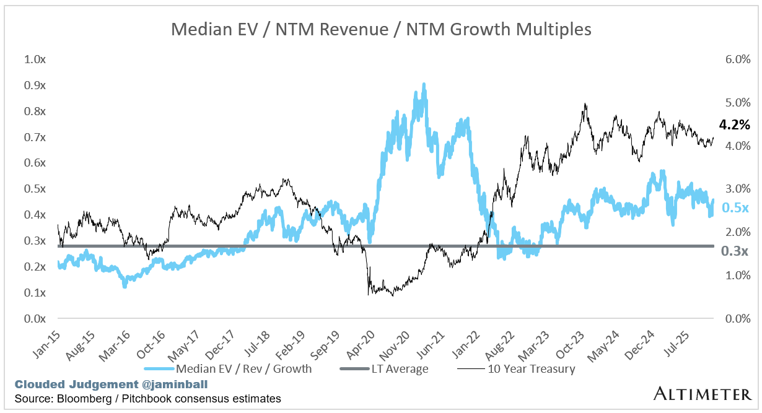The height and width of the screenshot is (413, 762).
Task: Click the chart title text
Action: (x=381, y=29)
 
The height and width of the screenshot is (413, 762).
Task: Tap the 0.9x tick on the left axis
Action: (x=35, y=85)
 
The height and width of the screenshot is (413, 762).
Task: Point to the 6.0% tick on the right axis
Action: (x=738, y=59)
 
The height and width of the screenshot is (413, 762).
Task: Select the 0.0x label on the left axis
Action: (x=35, y=318)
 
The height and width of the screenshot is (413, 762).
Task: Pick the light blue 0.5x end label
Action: (x=735, y=208)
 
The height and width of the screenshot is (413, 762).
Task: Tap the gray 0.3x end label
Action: (x=735, y=251)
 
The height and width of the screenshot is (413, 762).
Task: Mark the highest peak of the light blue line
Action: (x=424, y=84)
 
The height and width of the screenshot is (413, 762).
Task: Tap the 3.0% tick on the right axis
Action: (x=738, y=189)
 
